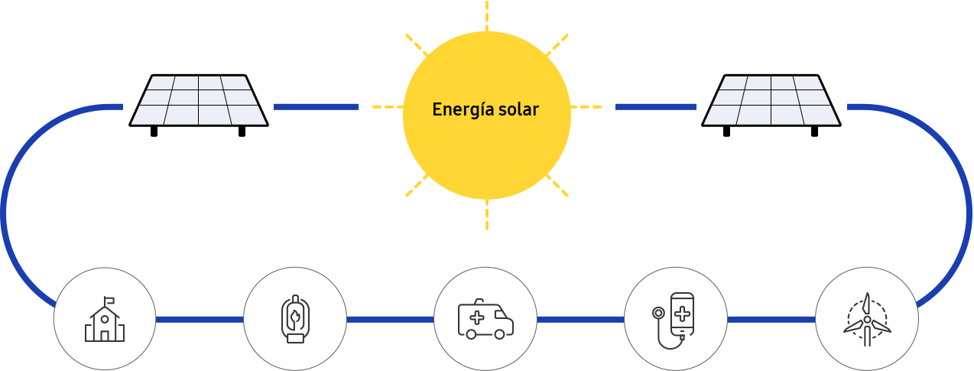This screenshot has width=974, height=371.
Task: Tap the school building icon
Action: point(104,319)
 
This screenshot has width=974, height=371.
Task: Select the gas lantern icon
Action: point(295,319)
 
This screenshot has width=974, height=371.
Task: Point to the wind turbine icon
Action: point(867,320)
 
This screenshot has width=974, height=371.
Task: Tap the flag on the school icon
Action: point(109,300)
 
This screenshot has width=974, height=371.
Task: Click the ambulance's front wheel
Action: point(499,334)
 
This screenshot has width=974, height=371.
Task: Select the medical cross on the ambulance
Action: point(477,318)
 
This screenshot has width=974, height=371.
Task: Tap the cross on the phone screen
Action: point(682,314)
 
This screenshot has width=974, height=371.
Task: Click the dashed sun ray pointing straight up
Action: point(486,15)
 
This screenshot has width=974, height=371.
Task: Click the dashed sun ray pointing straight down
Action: point(486,214)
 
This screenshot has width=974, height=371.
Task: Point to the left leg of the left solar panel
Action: point(154,132)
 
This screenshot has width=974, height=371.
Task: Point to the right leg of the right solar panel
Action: point(814,132)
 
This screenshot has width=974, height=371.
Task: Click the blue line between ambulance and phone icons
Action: point(580,320)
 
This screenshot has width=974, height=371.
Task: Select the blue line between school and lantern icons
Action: point(199,320)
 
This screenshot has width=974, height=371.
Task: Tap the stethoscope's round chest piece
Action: point(658,313)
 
